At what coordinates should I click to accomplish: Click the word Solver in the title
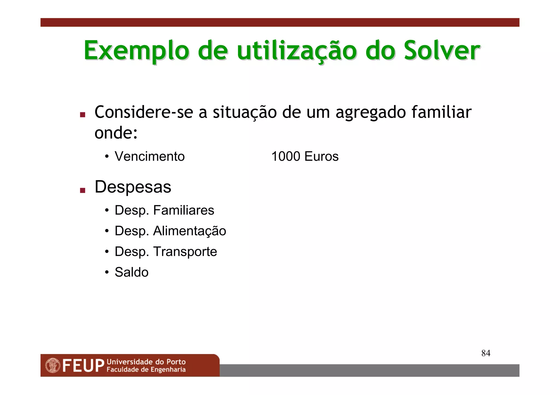click(x=442, y=51)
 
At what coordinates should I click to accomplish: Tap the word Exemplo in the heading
click(x=136, y=51)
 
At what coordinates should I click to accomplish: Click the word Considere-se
click(x=143, y=112)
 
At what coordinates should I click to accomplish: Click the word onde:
click(x=116, y=133)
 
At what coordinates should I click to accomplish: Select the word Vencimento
click(x=150, y=156)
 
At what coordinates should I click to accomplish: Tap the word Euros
click(x=321, y=156)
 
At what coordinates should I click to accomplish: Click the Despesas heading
click(x=133, y=187)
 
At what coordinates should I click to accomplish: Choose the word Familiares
click(x=183, y=210)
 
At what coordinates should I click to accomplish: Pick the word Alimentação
click(x=189, y=231)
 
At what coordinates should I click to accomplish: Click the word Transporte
click(x=185, y=252)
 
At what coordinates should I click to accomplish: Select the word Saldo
click(x=132, y=272)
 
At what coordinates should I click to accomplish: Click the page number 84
click(x=486, y=353)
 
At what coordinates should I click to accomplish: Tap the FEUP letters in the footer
click(x=83, y=366)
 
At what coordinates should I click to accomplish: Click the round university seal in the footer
click(x=53, y=366)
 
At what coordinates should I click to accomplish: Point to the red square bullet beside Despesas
click(x=83, y=190)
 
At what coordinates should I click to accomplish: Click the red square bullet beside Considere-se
click(x=83, y=115)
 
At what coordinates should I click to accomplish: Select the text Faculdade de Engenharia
click(x=146, y=370)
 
